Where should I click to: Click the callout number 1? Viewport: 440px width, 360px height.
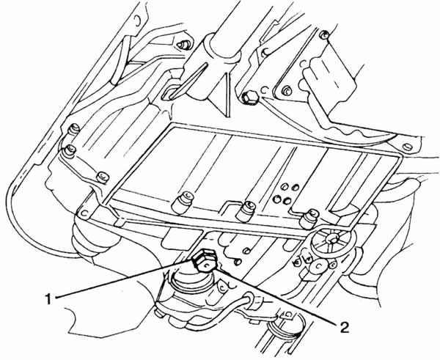point(49,299)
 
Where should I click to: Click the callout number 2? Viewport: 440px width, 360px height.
point(345,327)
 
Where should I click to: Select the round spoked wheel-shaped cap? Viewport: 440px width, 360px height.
point(333,239)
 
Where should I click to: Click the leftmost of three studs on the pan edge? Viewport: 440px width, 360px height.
point(182,202)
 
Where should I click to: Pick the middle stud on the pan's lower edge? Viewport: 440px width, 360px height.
point(246,210)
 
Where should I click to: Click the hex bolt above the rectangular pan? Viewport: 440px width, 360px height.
point(249,98)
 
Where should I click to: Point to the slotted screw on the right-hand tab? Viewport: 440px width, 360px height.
point(408,147)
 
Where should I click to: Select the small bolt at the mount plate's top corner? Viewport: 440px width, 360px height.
point(325,34)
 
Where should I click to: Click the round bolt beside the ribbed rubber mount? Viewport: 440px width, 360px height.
point(286,91)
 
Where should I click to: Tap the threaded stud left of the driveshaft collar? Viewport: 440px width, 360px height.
point(184,44)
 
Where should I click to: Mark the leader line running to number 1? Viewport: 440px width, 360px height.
point(124,279)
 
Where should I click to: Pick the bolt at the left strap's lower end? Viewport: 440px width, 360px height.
point(102,177)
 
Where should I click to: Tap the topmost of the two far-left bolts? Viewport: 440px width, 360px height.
point(74,129)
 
